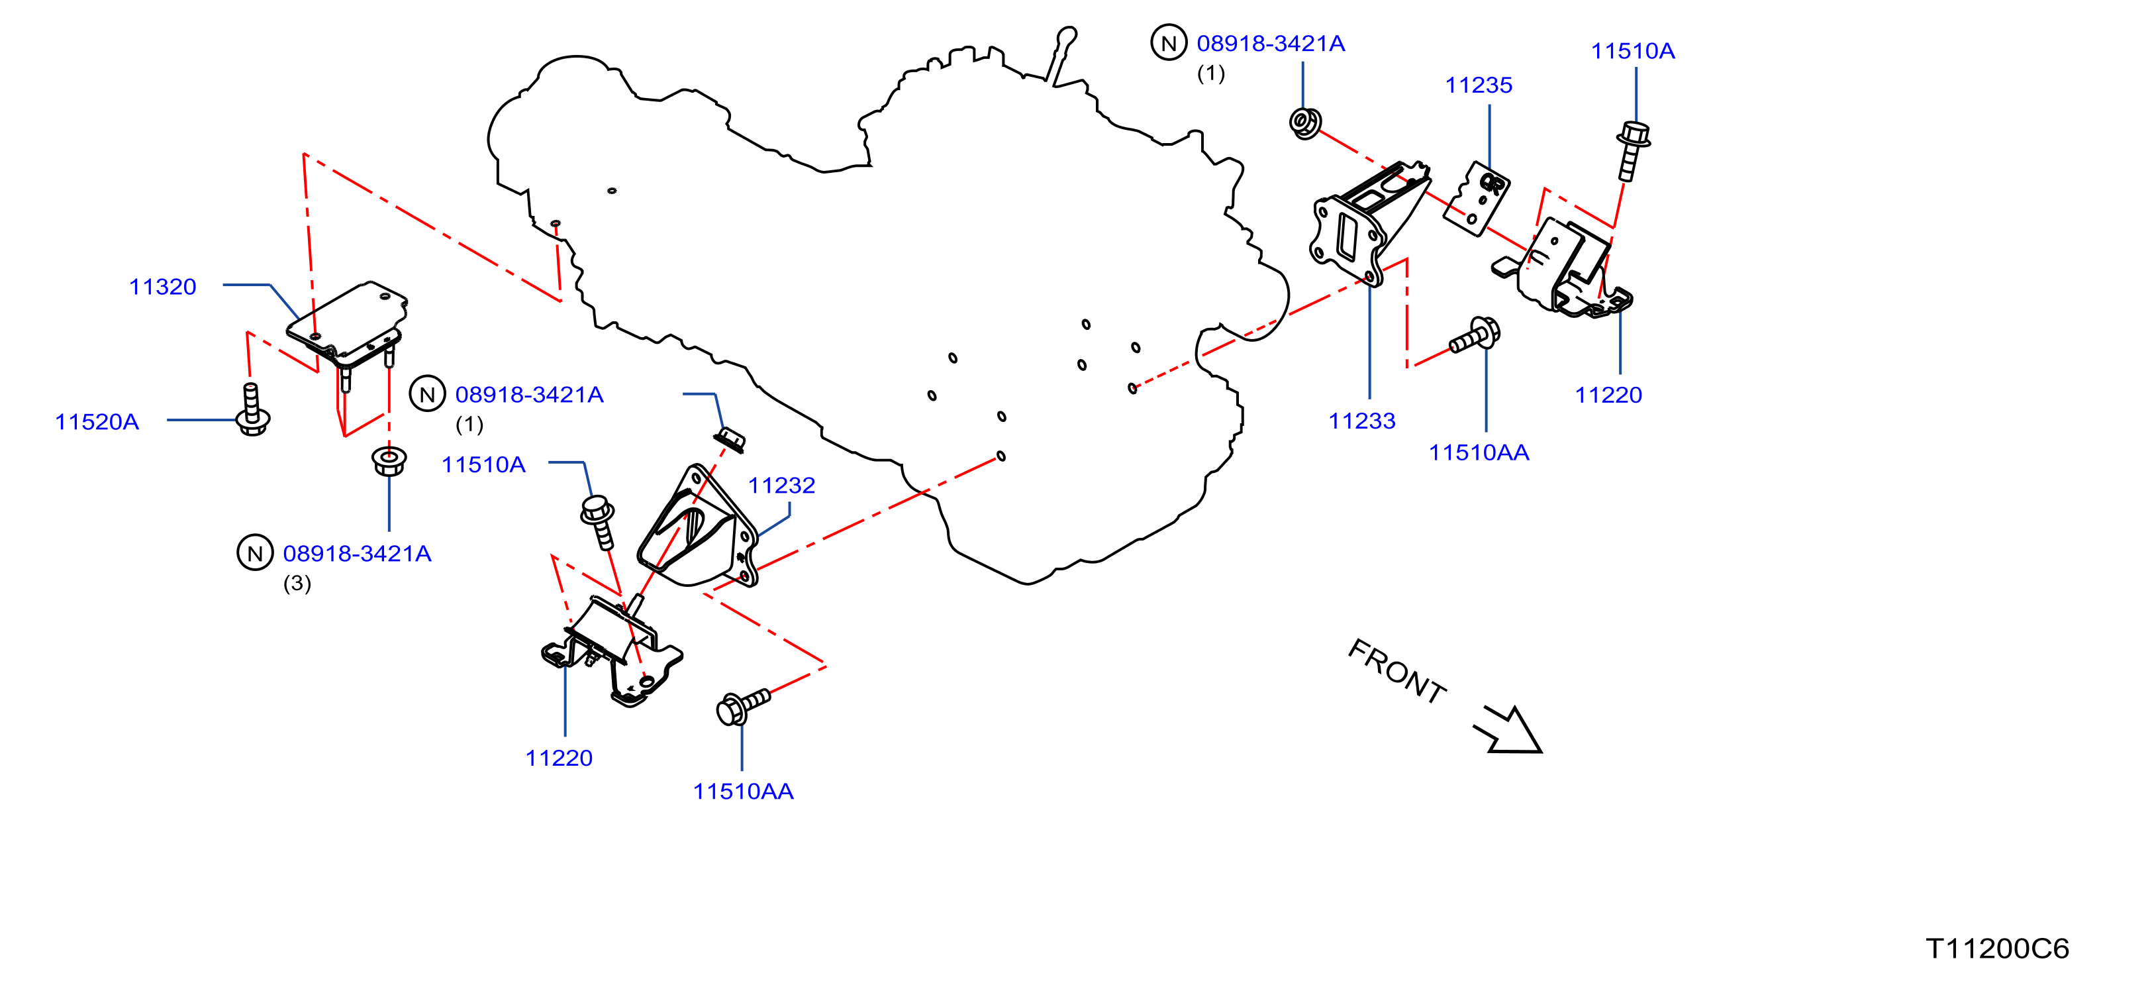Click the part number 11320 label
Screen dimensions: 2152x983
point(162,287)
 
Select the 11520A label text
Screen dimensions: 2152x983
point(97,421)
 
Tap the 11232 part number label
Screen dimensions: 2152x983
point(781,485)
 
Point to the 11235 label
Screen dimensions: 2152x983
point(1479,85)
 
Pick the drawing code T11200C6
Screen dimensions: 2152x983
point(1998,948)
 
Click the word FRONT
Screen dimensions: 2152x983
point(1396,671)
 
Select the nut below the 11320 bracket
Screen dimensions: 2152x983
point(389,460)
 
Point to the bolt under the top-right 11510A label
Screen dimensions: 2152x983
point(1632,150)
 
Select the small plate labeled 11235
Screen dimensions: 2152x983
point(1477,199)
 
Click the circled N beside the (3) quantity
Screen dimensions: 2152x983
point(255,552)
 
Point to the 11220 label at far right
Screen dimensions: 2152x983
point(1608,395)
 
